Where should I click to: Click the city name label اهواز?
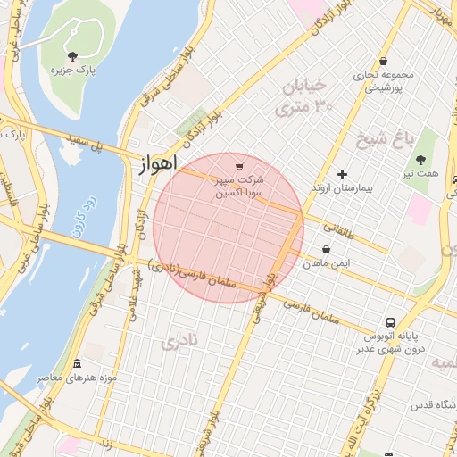click(x=159, y=164)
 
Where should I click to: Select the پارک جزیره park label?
click(x=73, y=70)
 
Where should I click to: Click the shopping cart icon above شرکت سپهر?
click(x=238, y=166)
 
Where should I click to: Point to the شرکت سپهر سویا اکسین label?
click(x=239, y=186)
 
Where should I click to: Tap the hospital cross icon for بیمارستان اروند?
click(x=342, y=173)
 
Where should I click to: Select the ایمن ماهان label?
click(x=326, y=264)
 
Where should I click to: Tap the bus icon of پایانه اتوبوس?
click(x=391, y=322)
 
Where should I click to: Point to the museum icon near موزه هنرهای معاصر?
click(x=77, y=364)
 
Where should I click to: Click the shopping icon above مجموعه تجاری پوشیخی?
click(x=384, y=62)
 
